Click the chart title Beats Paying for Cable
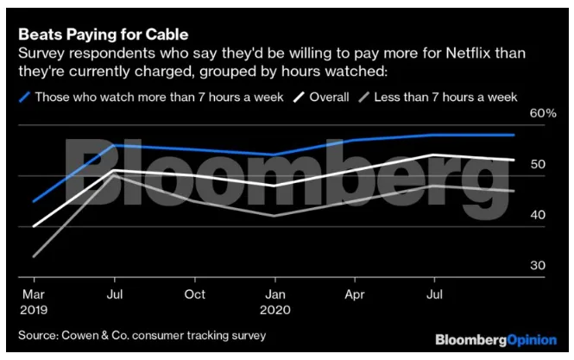click(104, 35)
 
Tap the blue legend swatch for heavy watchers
click(24, 98)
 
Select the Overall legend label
click(329, 97)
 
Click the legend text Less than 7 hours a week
click(445, 97)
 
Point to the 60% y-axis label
click(543, 113)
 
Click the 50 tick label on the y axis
click(538, 164)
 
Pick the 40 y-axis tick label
click(538, 215)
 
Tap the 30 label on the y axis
click(538, 265)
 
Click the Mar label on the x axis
click(34, 294)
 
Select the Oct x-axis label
click(195, 294)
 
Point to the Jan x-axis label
click(275, 294)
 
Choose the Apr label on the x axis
click(355, 294)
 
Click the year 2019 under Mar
click(34, 310)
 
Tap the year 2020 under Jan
click(275, 310)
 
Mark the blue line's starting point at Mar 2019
click(34, 201)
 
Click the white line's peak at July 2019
click(115, 170)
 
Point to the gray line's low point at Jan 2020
click(275, 216)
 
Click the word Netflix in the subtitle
click(468, 54)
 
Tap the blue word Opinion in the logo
click(532, 340)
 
